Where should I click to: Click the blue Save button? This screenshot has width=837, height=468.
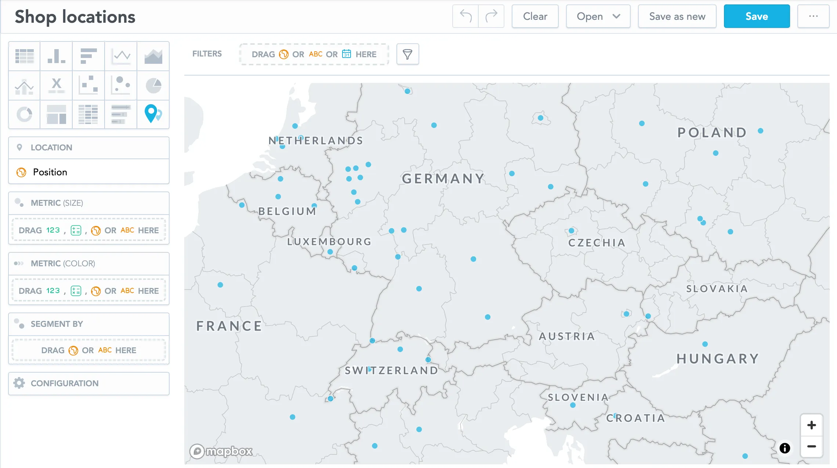tap(757, 17)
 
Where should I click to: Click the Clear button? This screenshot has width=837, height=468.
tap(535, 17)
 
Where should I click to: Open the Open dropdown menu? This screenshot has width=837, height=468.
tap(598, 17)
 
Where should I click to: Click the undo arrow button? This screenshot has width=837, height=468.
tap(465, 17)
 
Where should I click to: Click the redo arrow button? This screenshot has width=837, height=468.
tap(491, 17)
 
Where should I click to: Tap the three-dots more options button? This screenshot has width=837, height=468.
tap(813, 17)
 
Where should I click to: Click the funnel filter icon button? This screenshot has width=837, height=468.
tap(407, 54)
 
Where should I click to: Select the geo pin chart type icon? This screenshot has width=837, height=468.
tap(153, 114)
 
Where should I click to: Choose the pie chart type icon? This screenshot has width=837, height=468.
tap(153, 85)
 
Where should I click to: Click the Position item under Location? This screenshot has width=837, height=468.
tap(50, 172)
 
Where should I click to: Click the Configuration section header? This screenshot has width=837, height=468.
tap(65, 383)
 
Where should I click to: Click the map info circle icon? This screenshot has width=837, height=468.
tap(785, 448)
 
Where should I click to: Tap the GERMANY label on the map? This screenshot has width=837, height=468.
tap(443, 179)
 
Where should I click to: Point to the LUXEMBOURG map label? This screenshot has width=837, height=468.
tap(329, 242)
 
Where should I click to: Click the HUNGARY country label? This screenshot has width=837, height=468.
tap(718, 359)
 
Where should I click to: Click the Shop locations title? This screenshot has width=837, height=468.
tap(75, 17)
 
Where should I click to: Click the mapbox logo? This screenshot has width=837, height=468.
tap(221, 451)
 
